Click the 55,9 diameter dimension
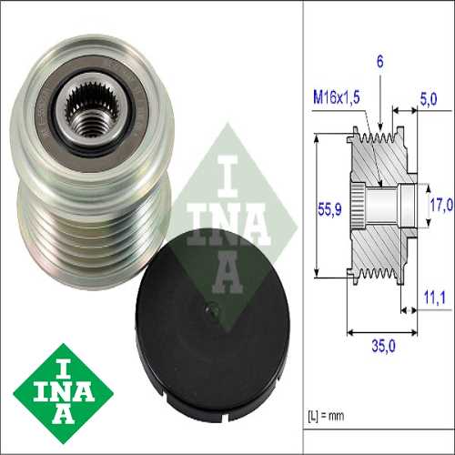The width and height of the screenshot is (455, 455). [x=329, y=207]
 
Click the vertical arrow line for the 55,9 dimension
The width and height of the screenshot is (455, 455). [x=315, y=207]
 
